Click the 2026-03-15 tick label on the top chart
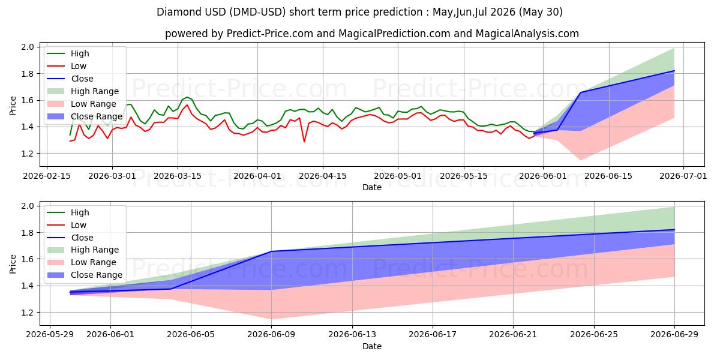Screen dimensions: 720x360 [178, 176]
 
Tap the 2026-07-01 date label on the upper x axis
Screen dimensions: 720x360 [683, 176]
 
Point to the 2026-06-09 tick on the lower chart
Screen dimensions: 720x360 [271, 335]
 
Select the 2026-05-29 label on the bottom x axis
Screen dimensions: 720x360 [50, 335]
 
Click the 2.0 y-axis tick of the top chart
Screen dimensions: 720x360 [28, 47]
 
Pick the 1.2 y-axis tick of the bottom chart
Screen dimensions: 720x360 [28, 313]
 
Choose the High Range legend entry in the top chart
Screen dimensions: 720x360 [83, 91]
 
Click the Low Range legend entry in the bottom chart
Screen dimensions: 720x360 [82, 262]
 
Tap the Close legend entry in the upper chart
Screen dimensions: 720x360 [70, 79]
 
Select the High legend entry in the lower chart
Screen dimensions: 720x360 [68, 212]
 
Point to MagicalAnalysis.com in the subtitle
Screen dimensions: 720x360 [527, 34]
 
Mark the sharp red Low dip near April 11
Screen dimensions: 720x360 [304, 142]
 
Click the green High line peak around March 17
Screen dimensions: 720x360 [187, 97]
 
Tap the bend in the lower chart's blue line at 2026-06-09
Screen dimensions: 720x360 [272, 251]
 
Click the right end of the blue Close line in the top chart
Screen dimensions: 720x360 [674, 71]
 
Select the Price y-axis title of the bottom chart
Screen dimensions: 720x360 [13, 264]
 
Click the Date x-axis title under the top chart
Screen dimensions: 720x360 [372, 187]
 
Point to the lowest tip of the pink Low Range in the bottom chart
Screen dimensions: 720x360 [272, 319]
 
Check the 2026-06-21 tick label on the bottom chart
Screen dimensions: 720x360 [513, 335]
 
